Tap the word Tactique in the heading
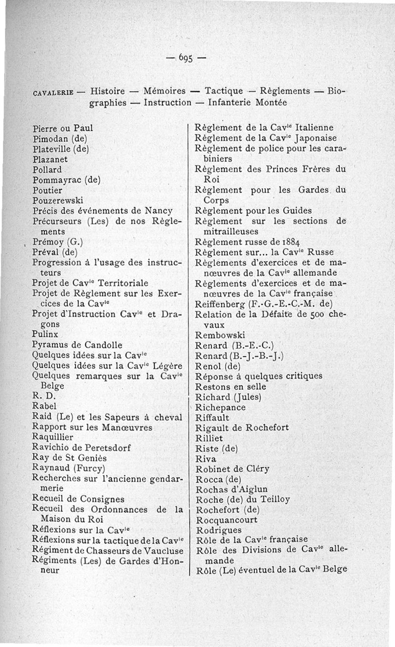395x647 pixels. click(x=224, y=91)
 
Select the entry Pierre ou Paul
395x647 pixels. click(x=63, y=128)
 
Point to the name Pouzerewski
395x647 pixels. click(x=58, y=200)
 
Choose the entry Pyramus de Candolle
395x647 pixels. click(x=77, y=344)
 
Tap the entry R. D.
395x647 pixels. click(x=41, y=396)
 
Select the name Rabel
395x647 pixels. click(x=44, y=406)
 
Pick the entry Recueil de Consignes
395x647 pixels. click(x=78, y=499)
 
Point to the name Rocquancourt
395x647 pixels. click(x=227, y=520)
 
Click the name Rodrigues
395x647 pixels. click(x=219, y=530)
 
